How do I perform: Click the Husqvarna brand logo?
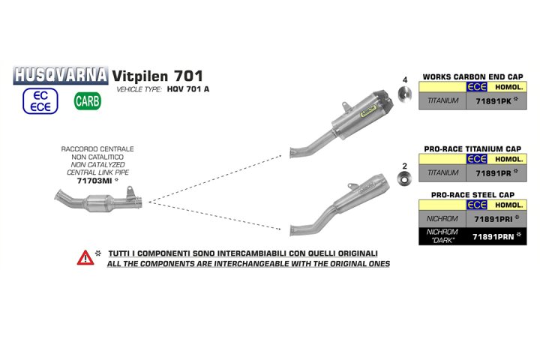[x=61, y=75]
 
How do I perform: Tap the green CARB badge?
[x=87, y=100]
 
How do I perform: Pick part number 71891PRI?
[x=492, y=219]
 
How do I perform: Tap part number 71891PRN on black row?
[x=492, y=237]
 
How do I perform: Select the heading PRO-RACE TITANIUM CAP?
[x=472, y=149]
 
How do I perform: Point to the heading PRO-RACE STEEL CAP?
[x=472, y=194]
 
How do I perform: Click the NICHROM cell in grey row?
[x=442, y=219]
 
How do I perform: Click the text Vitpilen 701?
[x=157, y=76]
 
